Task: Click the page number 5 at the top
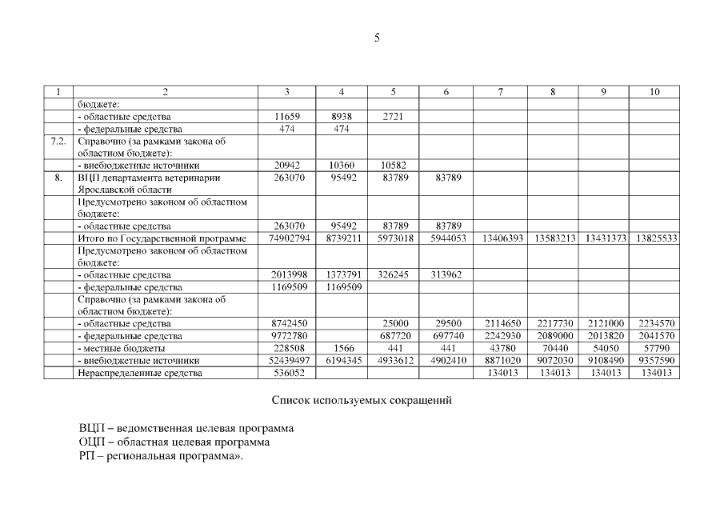tap(377, 38)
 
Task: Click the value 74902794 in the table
tap(290, 238)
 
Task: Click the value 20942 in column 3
tap(290, 165)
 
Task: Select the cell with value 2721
tap(393, 117)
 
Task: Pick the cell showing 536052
tap(290, 373)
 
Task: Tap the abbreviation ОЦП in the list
tap(90, 442)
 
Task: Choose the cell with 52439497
tap(290, 361)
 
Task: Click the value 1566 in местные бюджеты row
tap(342, 349)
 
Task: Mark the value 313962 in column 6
tap(446, 274)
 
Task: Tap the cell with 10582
tap(393, 165)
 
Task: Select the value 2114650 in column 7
tap(500, 323)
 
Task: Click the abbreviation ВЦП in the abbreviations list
tap(90, 428)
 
